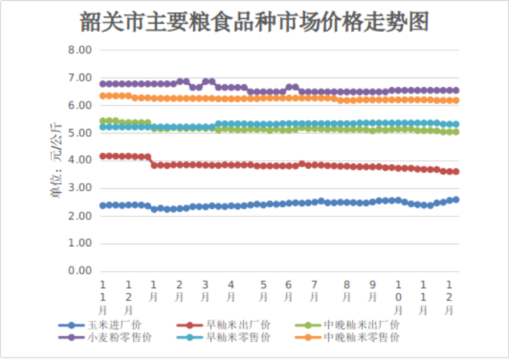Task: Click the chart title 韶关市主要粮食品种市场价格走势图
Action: pos(254,22)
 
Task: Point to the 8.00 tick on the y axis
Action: pos(80,50)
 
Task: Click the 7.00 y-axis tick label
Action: pos(80,78)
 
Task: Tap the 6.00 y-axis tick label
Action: pos(80,106)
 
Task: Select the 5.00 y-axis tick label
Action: pos(80,133)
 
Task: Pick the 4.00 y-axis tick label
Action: pos(80,160)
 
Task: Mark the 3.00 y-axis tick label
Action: pos(80,188)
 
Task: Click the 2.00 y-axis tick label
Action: pos(80,216)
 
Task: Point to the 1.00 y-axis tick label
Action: pos(80,244)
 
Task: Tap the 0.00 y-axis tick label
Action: pos(80,271)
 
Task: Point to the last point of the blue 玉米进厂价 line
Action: pos(456,200)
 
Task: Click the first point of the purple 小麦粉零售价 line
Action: pos(103,84)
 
